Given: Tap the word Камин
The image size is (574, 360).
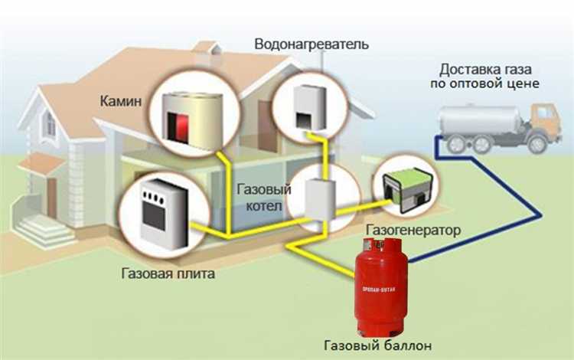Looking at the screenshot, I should [121, 101].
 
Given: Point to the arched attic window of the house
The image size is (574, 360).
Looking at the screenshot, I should [47, 123].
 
